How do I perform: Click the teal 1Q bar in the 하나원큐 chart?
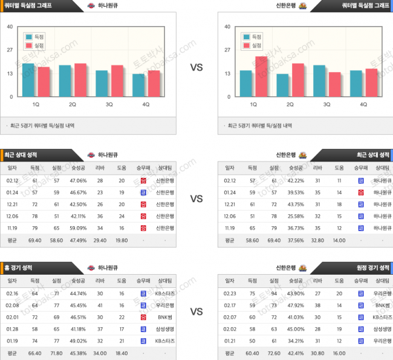pyautogui.click(x=28, y=80)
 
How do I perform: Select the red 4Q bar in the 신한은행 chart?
pyautogui.click(x=371, y=83)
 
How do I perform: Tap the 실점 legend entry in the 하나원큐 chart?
pyautogui.click(x=36, y=45)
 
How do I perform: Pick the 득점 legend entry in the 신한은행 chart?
pyautogui.click(x=253, y=36)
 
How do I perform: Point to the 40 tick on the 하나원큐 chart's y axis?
pyautogui.click(x=11, y=27)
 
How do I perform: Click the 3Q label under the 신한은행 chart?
pyautogui.click(x=327, y=104)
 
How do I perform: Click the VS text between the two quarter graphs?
pyautogui.click(x=196, y=68)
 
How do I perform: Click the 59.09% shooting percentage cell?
pyautogui.click(x=78, y=228)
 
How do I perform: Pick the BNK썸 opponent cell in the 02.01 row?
pyautogui.click(x=164, y=317)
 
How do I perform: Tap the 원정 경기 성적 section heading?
pyautogui.click(x=371, y=267)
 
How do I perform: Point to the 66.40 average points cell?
pyautogui.click(x=34, y=353)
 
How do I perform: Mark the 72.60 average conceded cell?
pyautogui.click(x=274, y=353)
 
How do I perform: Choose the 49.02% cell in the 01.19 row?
pyautogui.click(x=78, y=341)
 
